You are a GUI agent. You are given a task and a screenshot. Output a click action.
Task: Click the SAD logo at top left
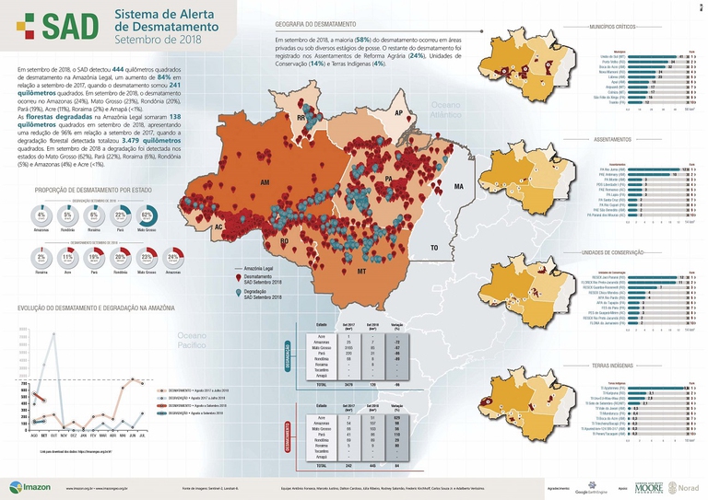pyautogui.click(x=55, y=29)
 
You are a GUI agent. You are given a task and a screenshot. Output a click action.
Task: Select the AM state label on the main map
pyautogui.click(x=265, y=184)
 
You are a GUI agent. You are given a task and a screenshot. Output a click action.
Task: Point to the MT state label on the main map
pyautogui.click(x=361, y=273)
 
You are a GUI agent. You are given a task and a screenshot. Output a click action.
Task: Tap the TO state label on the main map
pyautogui.click(x=432, y=249)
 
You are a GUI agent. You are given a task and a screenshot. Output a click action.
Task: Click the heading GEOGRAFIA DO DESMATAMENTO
pyautogui.click(x=318, y=25)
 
